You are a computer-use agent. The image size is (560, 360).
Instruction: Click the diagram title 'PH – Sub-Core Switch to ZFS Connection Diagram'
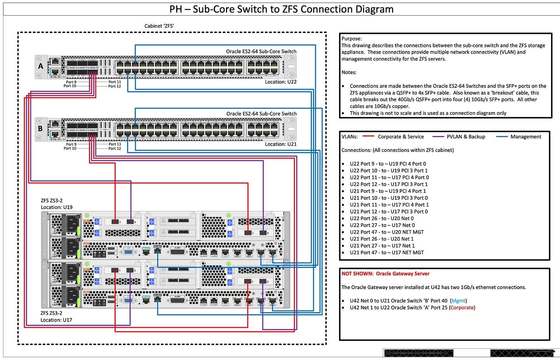tap(281, 9)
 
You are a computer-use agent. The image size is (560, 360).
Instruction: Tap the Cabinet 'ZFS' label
tap(159, 26)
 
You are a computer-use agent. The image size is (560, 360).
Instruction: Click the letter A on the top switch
tap(40, 66)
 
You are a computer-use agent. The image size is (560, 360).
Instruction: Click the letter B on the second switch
tap(40, 129)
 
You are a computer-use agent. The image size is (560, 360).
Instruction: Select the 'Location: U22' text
tap(280, 82)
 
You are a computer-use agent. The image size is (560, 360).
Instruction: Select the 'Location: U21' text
tap(280, 144)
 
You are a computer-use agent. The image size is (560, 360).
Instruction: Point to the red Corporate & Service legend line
tap(368, 136)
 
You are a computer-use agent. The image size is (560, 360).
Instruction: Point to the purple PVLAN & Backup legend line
tap(438, 136)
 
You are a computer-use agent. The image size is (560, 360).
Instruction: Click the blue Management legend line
tap(502, 136)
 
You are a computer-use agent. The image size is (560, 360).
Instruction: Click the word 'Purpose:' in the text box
tap(352, 38)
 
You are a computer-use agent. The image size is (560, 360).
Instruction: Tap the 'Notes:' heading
tap(349, 72)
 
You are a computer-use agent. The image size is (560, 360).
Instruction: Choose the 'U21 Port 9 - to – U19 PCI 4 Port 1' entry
tap(387, 191)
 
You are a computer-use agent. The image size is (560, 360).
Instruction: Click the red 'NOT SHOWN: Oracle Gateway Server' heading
tap(385, 274)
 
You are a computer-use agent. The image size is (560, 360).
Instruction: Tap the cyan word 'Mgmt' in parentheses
tap(458, 301)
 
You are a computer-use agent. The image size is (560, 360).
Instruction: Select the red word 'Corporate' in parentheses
tap(462, 308)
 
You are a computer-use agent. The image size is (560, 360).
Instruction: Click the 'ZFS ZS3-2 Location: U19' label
tap(56, 204)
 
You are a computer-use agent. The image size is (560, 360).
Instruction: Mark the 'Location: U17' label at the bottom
tap(56, 320)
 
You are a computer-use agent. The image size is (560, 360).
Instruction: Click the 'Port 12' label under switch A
tap(115, 86)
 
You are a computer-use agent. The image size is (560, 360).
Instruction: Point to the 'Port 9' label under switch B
tap(71, 144)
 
